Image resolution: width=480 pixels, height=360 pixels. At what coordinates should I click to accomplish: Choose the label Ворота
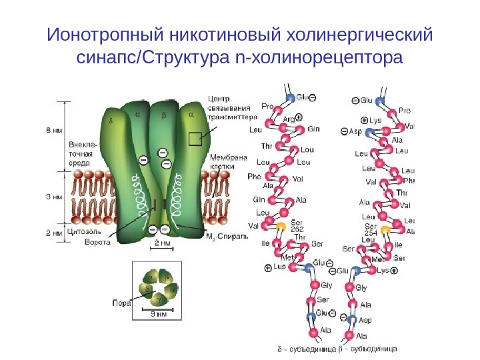point(97,242)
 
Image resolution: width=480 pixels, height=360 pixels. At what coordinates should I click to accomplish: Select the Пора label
point(121,302)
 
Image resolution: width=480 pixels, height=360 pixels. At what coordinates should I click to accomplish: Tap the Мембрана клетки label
point(229,162)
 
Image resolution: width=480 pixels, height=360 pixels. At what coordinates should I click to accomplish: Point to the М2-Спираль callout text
point(227,237)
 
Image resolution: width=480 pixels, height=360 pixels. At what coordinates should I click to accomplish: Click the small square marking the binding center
point(195,139)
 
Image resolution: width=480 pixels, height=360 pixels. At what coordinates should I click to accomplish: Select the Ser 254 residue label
point(371,229)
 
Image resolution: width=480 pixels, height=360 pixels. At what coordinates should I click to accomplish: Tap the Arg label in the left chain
point(289,119)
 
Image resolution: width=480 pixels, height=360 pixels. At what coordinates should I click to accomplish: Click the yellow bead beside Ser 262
point(281,225)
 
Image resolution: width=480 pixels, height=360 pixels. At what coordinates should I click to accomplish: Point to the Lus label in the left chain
point(279,266)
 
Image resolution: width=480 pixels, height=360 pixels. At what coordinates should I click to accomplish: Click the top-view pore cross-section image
point(155,287)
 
